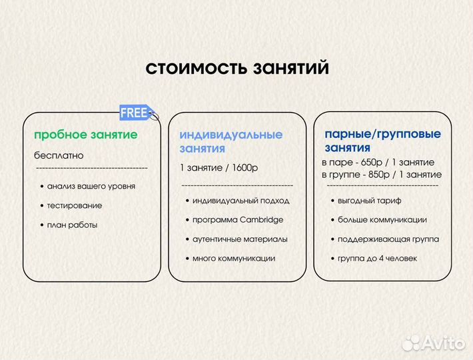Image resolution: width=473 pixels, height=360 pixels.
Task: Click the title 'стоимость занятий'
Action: (x=236, y=69)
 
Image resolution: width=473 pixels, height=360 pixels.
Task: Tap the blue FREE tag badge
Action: (x=136, y=113)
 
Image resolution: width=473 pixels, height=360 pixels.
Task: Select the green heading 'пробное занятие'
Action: (x=86, y=135)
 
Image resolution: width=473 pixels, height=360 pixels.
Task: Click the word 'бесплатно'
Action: (x=59, y=155)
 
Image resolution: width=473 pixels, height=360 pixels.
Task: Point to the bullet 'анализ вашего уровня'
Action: (x=91, y=186)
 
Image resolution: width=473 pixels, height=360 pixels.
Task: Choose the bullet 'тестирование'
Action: (x=75, y=205)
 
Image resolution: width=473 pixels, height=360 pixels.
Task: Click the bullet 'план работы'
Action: (x=72, y=225)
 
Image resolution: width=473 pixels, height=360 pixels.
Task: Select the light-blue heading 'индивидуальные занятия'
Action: (x=231, y=141)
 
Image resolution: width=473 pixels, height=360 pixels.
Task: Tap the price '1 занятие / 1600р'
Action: (x=219, y=167)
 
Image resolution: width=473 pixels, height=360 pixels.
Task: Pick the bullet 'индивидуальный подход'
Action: (x=240, y=200)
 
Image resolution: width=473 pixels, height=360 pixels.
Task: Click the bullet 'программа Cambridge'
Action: (x=237, y=219)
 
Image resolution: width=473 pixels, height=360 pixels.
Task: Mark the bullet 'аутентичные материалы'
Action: (x=240, y=239)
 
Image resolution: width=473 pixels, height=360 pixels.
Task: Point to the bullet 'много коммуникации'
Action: (x=233, y=258)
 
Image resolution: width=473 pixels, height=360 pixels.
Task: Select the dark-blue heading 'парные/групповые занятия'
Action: (x=382, y=141)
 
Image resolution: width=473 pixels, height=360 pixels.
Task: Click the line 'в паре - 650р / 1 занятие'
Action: (x=378, y=162)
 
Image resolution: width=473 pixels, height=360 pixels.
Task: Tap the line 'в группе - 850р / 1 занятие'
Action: (x=381, y=174)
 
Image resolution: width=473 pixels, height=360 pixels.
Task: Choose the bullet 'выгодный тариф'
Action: (x=369, y=200)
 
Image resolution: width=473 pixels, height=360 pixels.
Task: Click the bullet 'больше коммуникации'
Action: (x=382, y=219)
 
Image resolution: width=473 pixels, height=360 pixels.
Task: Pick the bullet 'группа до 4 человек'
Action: (x=377, y=258)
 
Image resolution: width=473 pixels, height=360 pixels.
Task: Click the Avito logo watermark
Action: (x=434, y=343)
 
